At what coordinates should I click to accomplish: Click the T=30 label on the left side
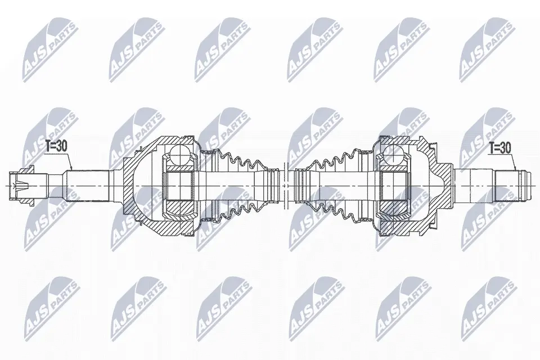click(x=56, y=146)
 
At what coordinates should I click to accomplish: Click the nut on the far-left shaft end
click(x=21, y=186)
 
